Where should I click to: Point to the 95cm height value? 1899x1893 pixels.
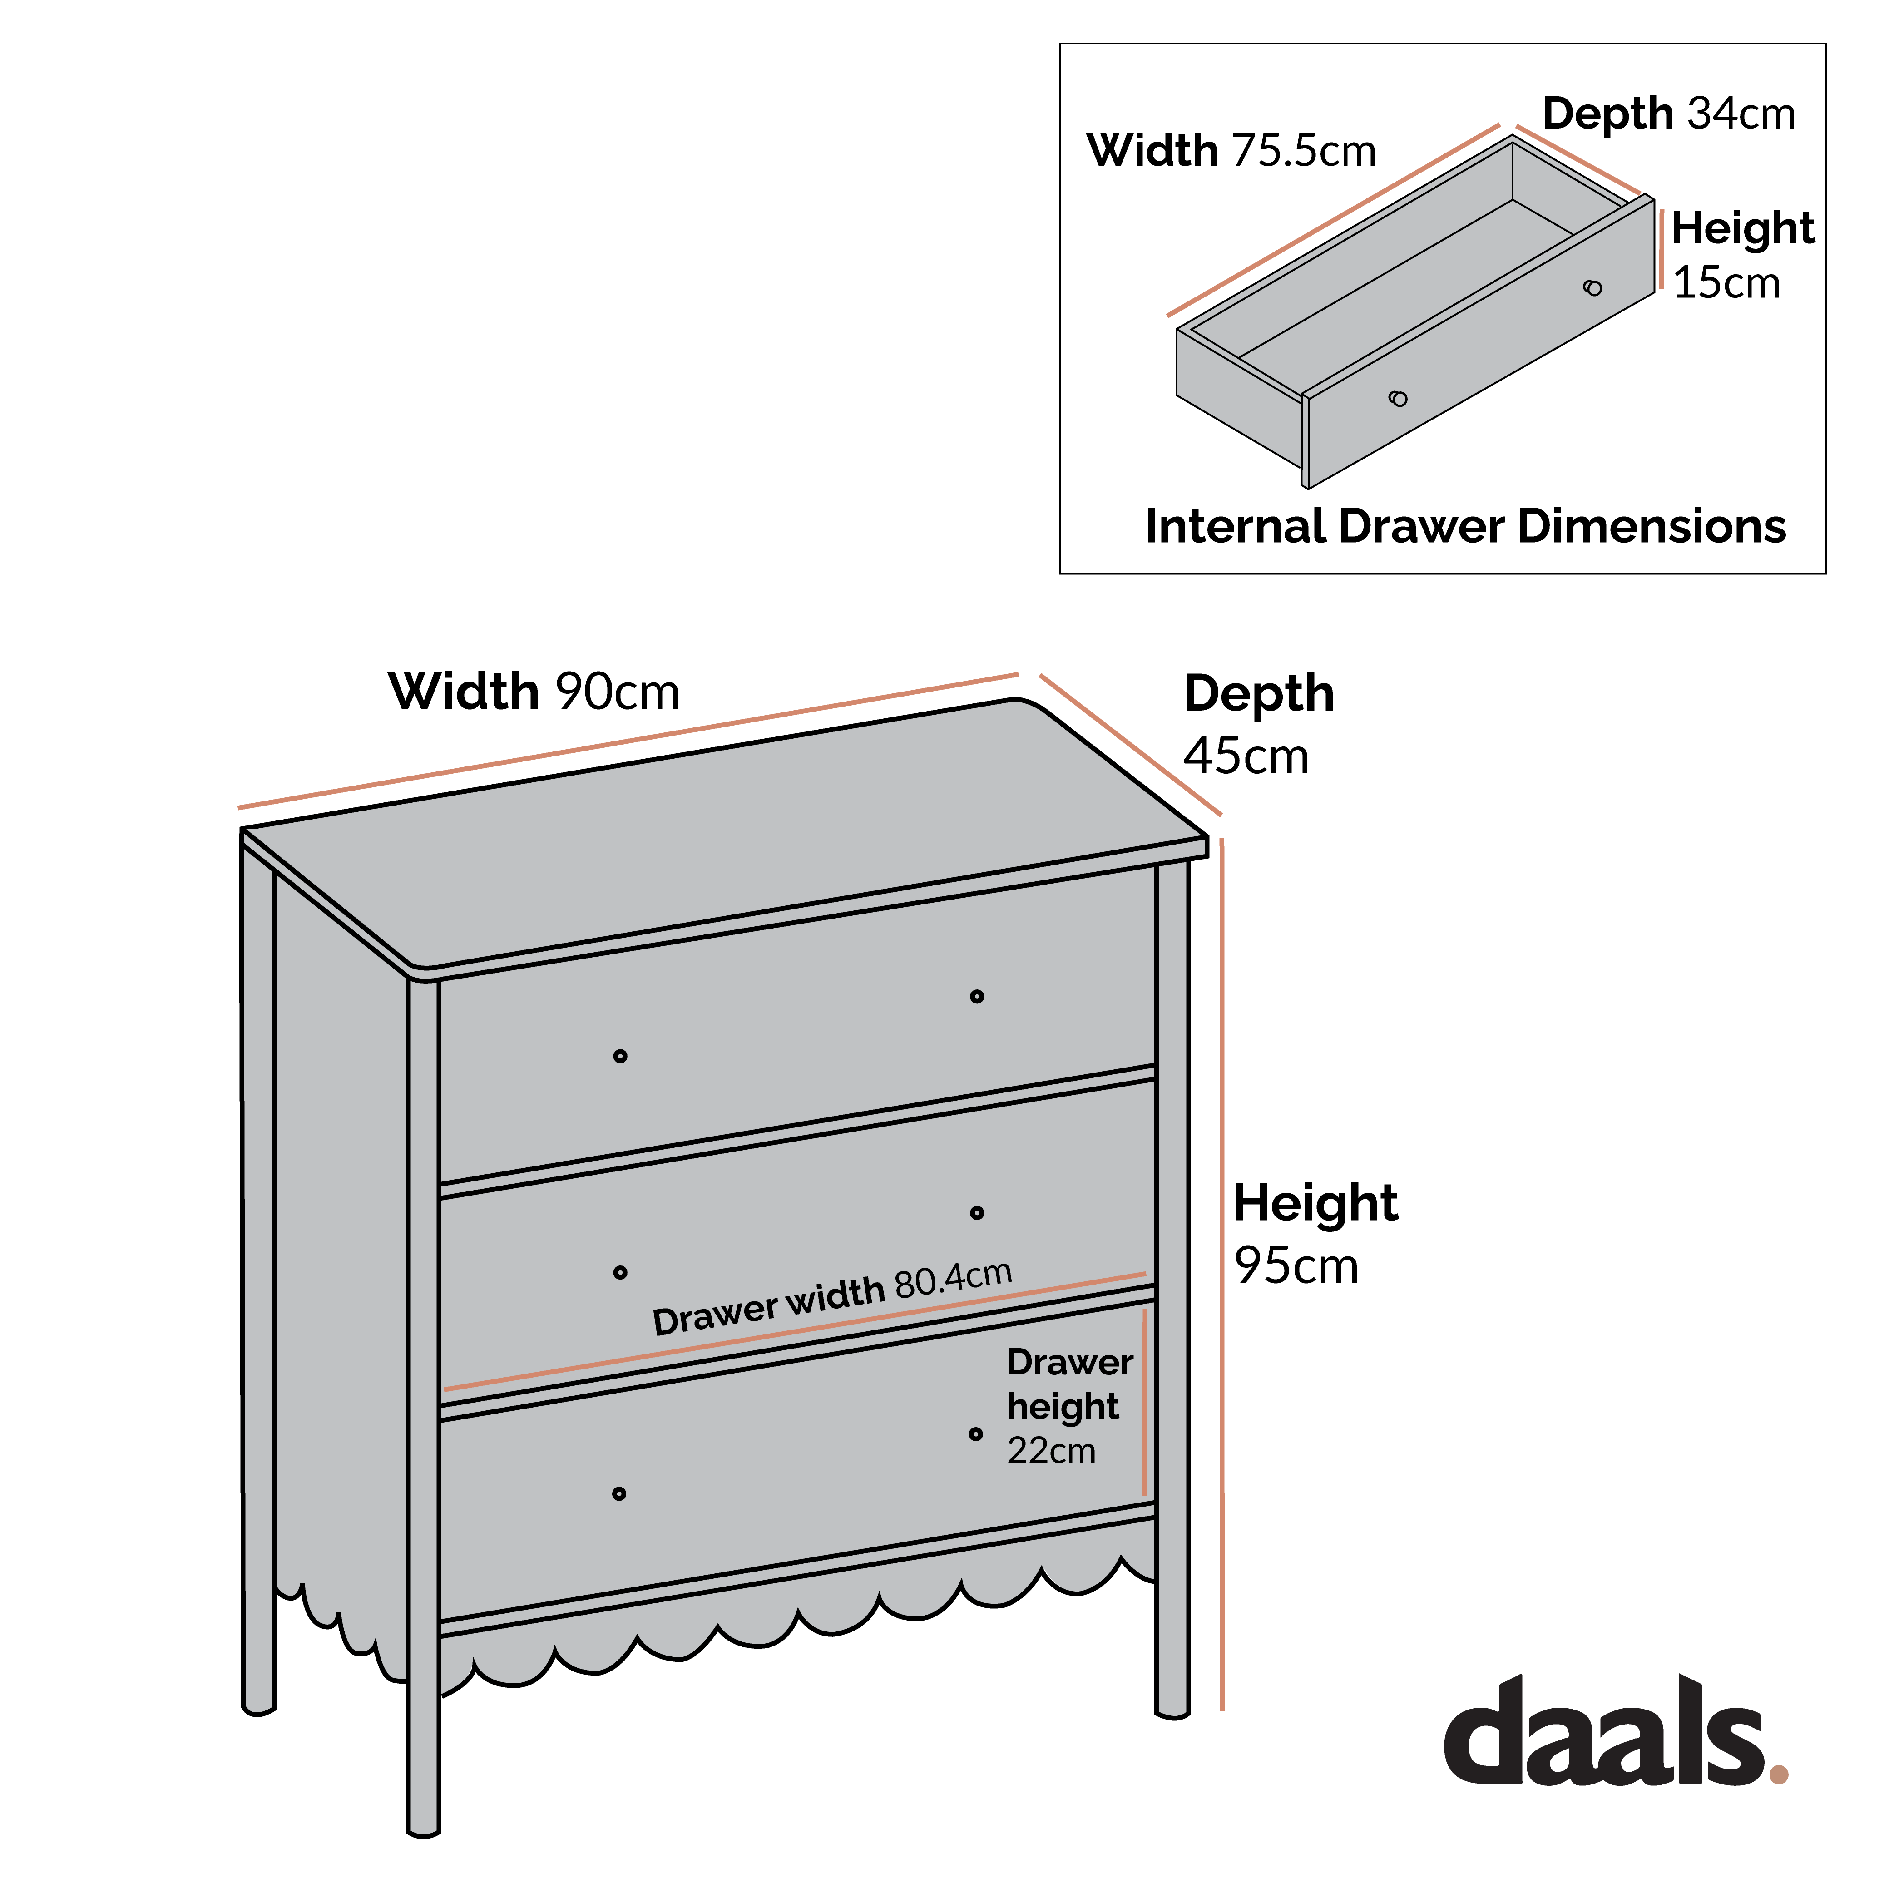pos(1296,1266)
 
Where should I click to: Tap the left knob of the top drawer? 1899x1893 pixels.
pos(620,1057)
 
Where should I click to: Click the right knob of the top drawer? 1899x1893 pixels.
pos(977,997)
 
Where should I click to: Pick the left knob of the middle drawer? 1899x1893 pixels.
pos(620,1273)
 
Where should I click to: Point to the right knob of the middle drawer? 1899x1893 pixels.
pos(977,1213)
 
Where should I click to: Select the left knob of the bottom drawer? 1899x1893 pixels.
pos(619,1494)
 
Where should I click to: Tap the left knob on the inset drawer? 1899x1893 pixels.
pos(1398,398)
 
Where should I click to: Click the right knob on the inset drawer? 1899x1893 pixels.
pos(1592,288)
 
